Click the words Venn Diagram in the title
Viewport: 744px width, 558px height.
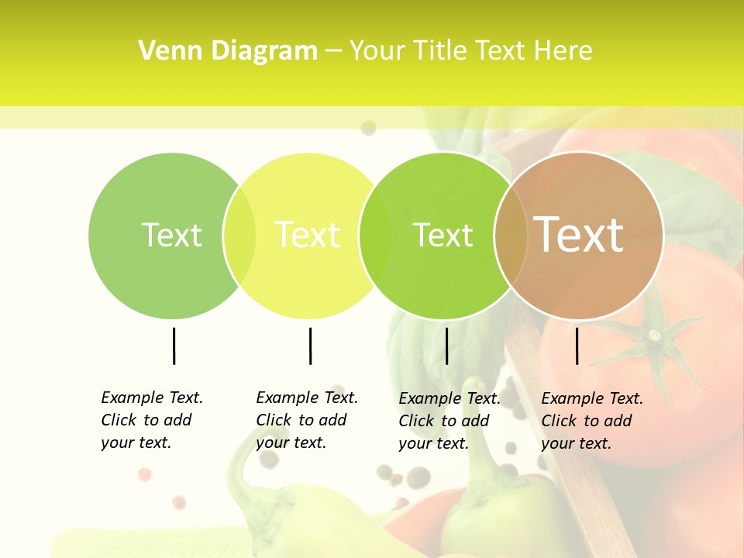tap(228, 51)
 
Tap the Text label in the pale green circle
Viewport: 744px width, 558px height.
tap(171, 235)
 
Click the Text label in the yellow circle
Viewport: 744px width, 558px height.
tap(307, 235)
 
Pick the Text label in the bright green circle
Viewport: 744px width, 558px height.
tap(443, 235)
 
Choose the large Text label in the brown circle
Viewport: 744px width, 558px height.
tap(579, 235)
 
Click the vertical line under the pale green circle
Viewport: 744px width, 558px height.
tap(174, 346)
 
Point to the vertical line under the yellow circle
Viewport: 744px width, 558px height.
tap(310, 346)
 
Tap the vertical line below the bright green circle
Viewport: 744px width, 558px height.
tap(446, 346)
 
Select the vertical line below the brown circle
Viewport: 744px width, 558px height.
tap(577, 346)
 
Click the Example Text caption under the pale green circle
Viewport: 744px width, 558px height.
tap(152, 420)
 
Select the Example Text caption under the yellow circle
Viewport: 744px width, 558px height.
tap(307, 420)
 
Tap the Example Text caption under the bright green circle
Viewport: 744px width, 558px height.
tap(449, 421)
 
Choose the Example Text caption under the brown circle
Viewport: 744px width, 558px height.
tap(592, 421)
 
